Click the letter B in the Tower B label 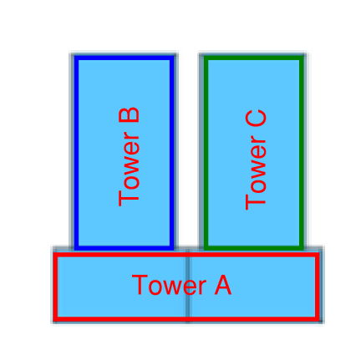129,114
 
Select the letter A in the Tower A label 223,285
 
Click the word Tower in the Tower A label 169,285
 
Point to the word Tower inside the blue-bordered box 129,169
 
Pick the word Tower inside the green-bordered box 256,174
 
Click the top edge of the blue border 125,58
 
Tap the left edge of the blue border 76,153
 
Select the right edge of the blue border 172,153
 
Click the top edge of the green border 254,58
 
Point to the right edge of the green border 302,153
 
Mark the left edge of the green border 206,153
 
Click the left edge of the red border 55,286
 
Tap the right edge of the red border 318,286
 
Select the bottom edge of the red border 186,319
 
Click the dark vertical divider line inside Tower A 188,286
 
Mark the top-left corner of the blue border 76,58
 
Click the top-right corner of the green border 302,58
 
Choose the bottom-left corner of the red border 55,319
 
